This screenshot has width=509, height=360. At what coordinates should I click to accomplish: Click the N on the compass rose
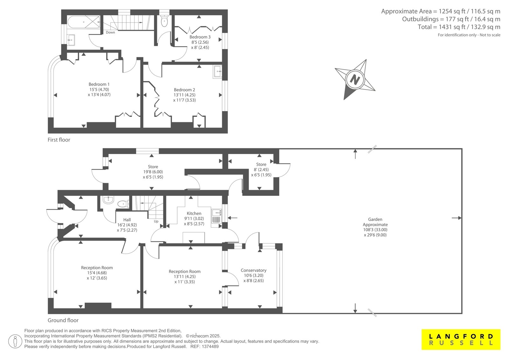pyautogui.click(x=355, y=80)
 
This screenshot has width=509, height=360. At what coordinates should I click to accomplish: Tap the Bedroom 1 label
pyautogui.click(x=99, y=84)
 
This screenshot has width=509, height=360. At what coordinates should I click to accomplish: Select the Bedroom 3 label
pyautogui.click(x=200, y=37)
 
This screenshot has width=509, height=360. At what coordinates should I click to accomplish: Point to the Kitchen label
pyautogui.click(x=194, y=213)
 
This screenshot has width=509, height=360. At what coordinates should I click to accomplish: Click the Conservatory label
pyautogui.click(x=254, y=270)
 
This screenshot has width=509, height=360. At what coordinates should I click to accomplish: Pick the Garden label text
pyautogui.click(x=375, y=219)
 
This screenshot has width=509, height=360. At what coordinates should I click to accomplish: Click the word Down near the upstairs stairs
pyautogui.click(x=110, y=32)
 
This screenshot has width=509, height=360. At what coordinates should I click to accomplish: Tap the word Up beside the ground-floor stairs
pyautogui.click(x=156, y=221)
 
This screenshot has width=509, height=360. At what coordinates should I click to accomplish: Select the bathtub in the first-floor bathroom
pyautogui.click(x=84, y=22)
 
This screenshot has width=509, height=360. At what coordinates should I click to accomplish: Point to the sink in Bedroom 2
pyautogui.click(x=218, y=72)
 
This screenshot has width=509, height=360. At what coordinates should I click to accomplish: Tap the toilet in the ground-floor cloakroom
pyautogui.click(x=123, y=204)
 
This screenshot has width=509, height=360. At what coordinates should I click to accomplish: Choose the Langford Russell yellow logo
pyautogui.click(x=461, y=339)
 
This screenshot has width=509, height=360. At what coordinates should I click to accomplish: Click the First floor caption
pyautogui.click(x=59, y=140)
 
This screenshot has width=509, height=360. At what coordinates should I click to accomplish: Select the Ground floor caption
pyautogui.click(x=63, y=320)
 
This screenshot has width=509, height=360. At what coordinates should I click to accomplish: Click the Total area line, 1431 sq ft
pyautogui.click(x=459, y=27)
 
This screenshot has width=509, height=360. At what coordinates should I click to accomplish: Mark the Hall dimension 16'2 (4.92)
pyautogui.click(x=127, y=225)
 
